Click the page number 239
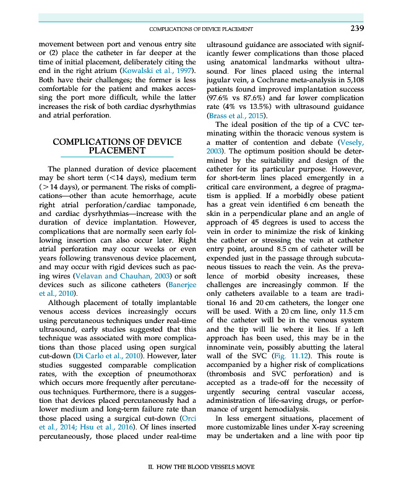[356, 28]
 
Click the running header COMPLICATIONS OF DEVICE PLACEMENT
[202, 29]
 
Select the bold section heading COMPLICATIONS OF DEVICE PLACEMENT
[117, 146]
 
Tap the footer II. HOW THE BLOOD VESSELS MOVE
[200, 468]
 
